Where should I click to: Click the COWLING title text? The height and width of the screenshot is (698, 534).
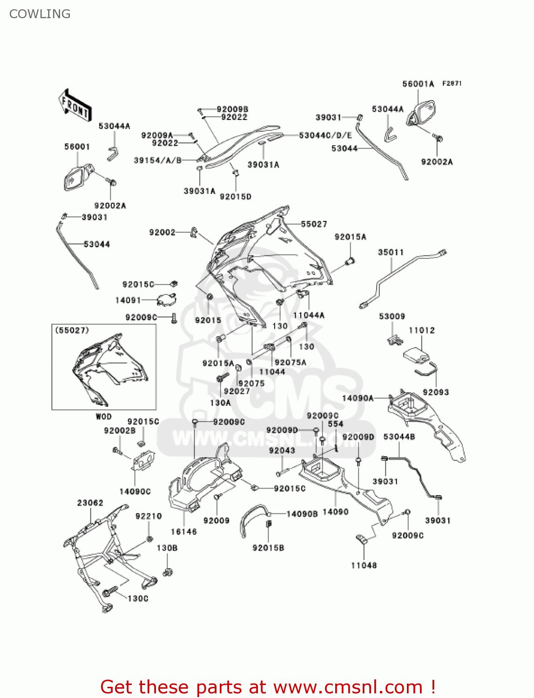[40, 14]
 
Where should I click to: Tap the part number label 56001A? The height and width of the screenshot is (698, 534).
[418, 84]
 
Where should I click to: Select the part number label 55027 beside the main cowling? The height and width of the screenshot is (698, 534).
[314, 224]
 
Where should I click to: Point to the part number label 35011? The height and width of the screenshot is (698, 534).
[391, 252]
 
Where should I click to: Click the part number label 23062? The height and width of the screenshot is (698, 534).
[90, 503]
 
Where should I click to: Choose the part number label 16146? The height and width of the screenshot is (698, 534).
[183, 531]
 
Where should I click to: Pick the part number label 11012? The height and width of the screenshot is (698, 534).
[421, 330]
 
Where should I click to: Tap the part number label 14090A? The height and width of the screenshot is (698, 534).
[358, 398]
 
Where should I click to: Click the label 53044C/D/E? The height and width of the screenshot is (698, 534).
[325, 135]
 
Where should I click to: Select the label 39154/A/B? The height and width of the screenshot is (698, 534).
[157, 161]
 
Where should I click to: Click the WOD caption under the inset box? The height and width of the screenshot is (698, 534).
[103, 416]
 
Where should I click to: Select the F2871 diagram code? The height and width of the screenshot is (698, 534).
[452, 83]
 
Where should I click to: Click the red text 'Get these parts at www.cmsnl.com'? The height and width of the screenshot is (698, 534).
[268, 687]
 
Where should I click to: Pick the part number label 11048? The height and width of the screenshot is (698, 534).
[364, 565]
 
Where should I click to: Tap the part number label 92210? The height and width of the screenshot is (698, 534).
[149, 516]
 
